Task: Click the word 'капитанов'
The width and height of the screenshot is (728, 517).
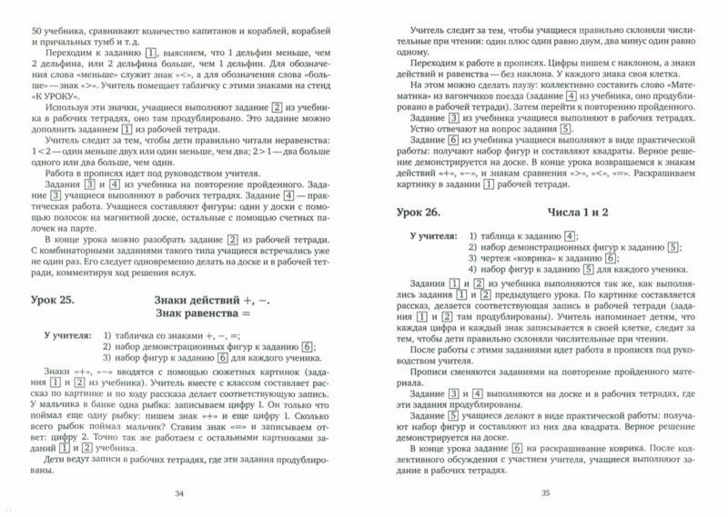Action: click(x=218, y=32)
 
